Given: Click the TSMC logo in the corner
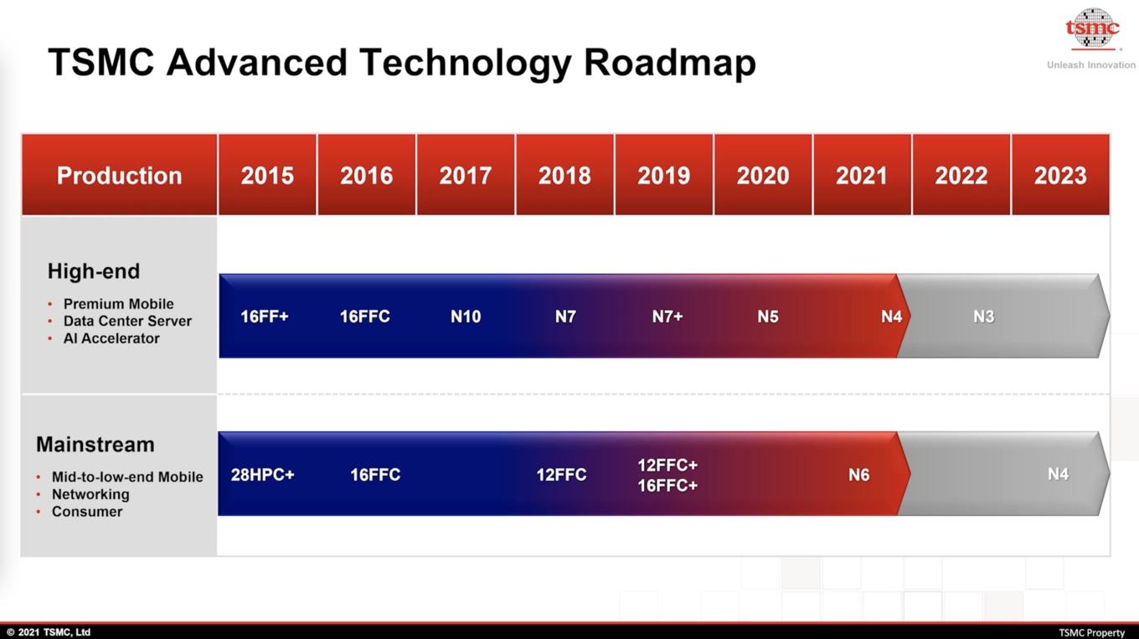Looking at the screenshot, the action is pyautogui.click(x=1092, y=29).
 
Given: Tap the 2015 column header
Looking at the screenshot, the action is pyautogui.click(x=267, y=175).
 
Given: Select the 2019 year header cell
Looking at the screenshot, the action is pyautogui.click(x=663, y=175).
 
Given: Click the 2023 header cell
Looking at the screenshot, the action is pyautogui.click(x=1060, y=175).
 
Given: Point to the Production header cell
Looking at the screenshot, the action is pyautogui.click(x=120, y=175).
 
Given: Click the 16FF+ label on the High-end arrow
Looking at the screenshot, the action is pyautogui.click(x=265, y=317).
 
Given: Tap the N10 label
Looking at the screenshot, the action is pyautogui.click(x=466, y=317).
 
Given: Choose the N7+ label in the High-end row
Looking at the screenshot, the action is pyautogui.click(x=667, y=317).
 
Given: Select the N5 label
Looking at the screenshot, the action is pyautogui.click(x=768, y=317).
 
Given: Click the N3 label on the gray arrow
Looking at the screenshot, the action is pyautogui.click(x=983, y=317).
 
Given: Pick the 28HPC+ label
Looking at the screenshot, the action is pyautogui.click(x=262, y=475).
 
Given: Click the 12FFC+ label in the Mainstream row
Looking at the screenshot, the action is pyautogui.click(x=667, y=465).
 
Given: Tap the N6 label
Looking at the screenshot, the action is pyautogui.click(x=858, y=475).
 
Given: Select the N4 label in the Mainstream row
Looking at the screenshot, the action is pyautogui.click(x=1058, y=474).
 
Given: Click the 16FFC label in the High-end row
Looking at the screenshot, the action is pyautogui.click(x=365, y=317).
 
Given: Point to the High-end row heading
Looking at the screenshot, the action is pyautogui.click(x=94, y=271).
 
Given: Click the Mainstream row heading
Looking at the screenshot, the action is pyautogui.click(x=95, y=445).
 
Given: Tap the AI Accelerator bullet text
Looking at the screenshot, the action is pyautogui.click(x=111, y=338).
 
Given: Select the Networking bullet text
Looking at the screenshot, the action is pyautogui.click(x=90, y=494).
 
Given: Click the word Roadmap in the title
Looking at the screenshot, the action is pyautogui.click(x=670, y=63).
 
